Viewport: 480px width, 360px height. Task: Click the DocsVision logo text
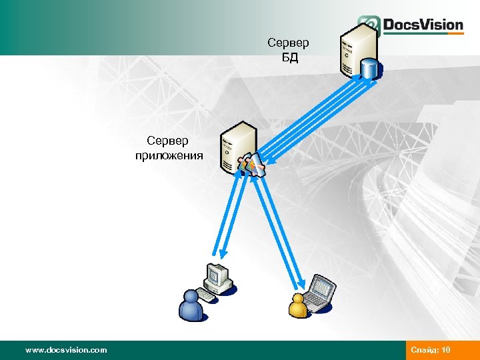[423, 25]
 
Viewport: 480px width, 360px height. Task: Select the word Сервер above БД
[288, 43]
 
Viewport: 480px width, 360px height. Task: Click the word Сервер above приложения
[168, 141]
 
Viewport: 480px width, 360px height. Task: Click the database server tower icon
[355, 48]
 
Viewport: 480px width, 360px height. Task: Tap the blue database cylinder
[369, 68]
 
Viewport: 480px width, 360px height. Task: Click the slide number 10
[445, 350]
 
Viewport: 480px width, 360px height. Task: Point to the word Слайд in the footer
[424, 350]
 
